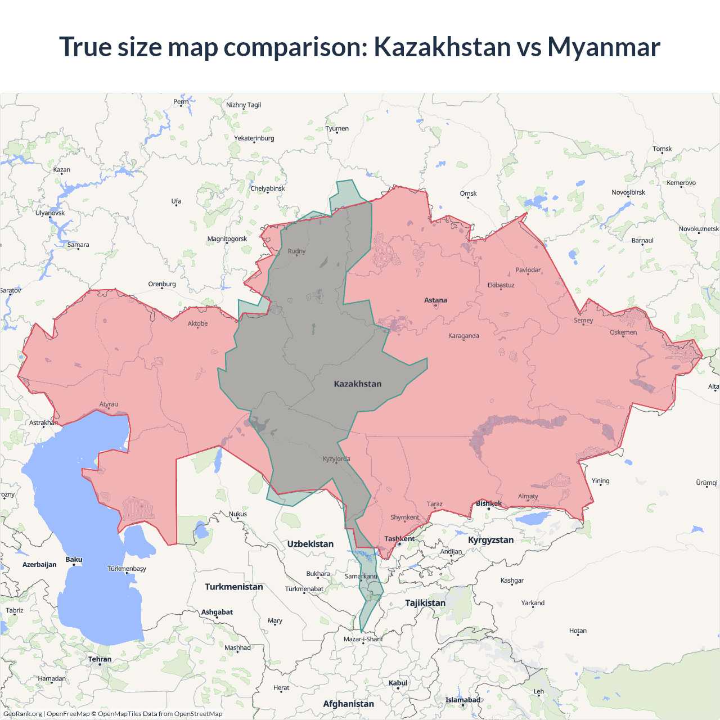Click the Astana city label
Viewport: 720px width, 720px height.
pos(435,300)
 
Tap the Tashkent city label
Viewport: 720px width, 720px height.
pos(399,539)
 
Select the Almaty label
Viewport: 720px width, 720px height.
pos(528,497)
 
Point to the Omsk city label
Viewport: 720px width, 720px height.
pos(468,193)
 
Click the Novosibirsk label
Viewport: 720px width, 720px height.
pos(628,192)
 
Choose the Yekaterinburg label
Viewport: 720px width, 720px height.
pos(254,138)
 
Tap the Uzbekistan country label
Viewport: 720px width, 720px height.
pos(310,544)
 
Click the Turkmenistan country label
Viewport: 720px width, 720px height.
pos(234,587)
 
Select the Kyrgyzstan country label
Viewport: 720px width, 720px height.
pos(490,540)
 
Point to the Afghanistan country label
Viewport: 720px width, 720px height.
pos(348,704)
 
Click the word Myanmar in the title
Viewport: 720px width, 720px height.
pos(604,47)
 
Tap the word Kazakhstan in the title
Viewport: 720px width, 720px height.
pos(442,47)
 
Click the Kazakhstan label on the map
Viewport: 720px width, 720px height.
pos(358,384)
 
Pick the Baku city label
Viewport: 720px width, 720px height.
pos(74,560)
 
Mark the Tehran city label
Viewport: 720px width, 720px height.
pos(100,659)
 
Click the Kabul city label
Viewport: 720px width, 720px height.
pos(398,683)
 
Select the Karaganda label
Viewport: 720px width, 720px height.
pos(463,336)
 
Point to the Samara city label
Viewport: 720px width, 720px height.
pos(78,245)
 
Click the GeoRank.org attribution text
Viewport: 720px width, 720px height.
pos(22,714)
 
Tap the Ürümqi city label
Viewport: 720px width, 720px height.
pos(706,483)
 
